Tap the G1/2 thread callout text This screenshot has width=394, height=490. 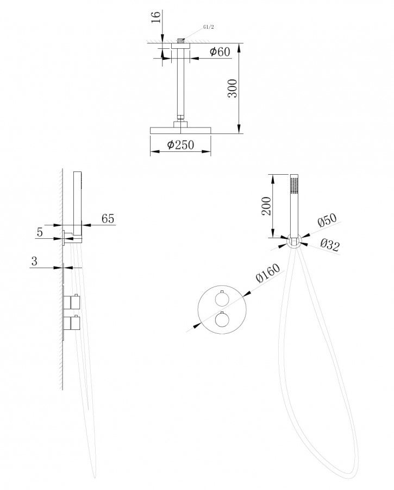coord(208,27)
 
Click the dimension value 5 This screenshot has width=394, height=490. coord(40,232)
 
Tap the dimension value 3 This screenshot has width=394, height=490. coord(34,260)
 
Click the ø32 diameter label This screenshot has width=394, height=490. coord(330,245)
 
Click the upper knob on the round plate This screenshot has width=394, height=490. coord(221,298)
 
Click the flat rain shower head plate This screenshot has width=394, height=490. coord(180,130)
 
